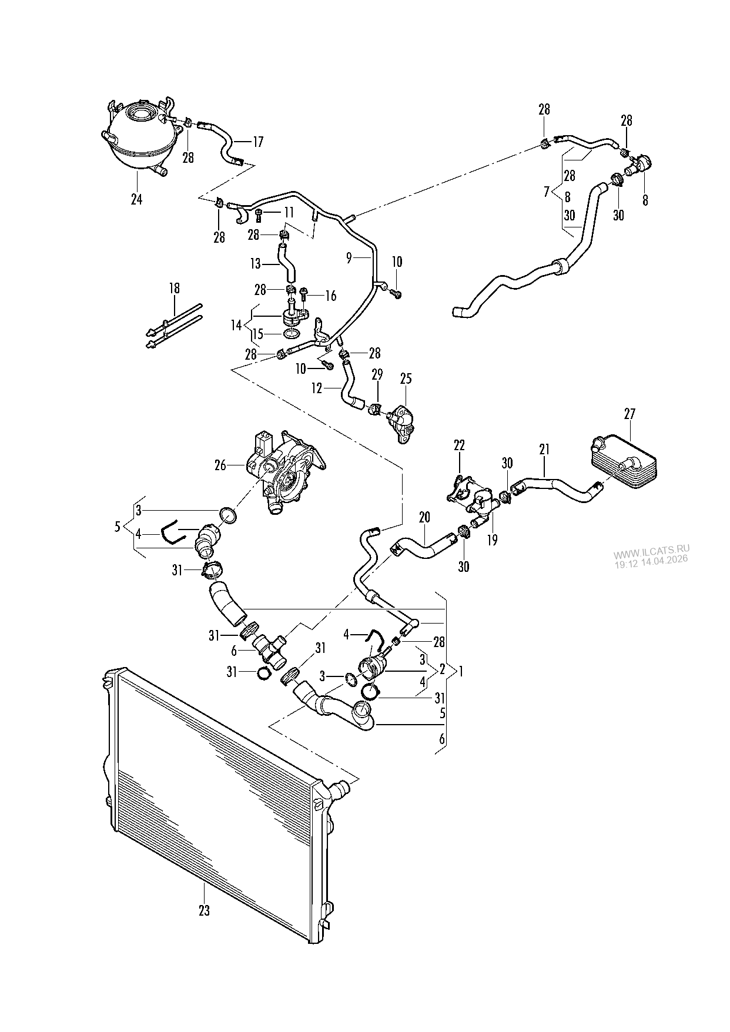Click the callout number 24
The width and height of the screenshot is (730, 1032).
136,199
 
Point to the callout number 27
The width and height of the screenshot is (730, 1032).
629,414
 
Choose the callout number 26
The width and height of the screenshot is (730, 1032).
220,466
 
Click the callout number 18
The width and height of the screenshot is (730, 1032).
175,289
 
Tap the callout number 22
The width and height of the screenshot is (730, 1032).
459,446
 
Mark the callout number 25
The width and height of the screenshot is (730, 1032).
406,379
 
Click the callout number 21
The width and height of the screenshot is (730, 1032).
544,450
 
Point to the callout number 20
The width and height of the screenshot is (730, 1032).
424,517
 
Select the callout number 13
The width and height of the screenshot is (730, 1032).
255,264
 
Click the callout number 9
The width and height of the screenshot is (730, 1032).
349,258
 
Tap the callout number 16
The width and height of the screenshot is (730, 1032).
330,296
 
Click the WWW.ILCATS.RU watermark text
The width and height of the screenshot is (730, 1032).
652,554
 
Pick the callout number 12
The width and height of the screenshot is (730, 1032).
317,388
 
